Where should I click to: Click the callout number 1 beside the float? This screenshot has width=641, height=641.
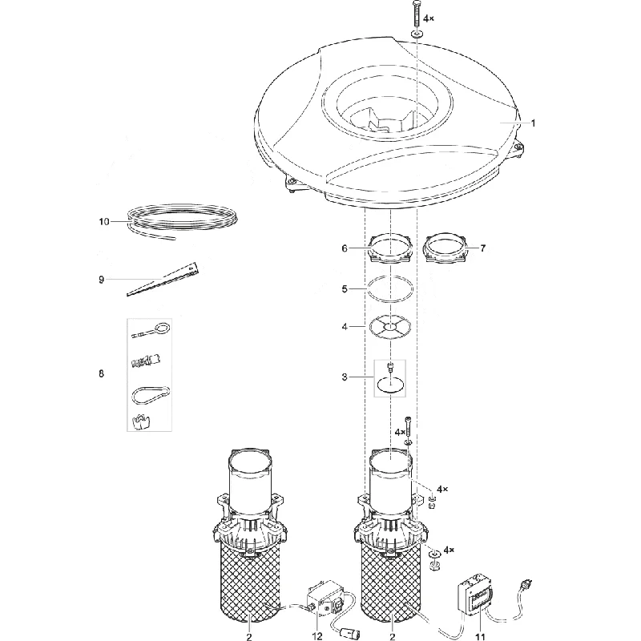[533, 123]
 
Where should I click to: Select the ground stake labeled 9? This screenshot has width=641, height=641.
[163, 279]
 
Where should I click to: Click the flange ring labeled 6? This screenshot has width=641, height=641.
[390, 250]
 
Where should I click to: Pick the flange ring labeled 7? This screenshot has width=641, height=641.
[446, 250]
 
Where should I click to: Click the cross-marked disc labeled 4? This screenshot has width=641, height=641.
[390, 327]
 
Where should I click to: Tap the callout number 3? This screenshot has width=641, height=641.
[345, 377]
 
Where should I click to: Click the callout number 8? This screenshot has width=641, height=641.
[102, 373]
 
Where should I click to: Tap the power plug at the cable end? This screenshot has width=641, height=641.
[526, 587]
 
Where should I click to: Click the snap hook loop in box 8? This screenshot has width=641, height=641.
[151, 396]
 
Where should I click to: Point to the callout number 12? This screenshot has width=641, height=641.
[316, 636]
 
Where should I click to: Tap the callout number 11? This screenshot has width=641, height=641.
[480, 636]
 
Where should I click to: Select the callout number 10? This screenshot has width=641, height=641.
[104, 222]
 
